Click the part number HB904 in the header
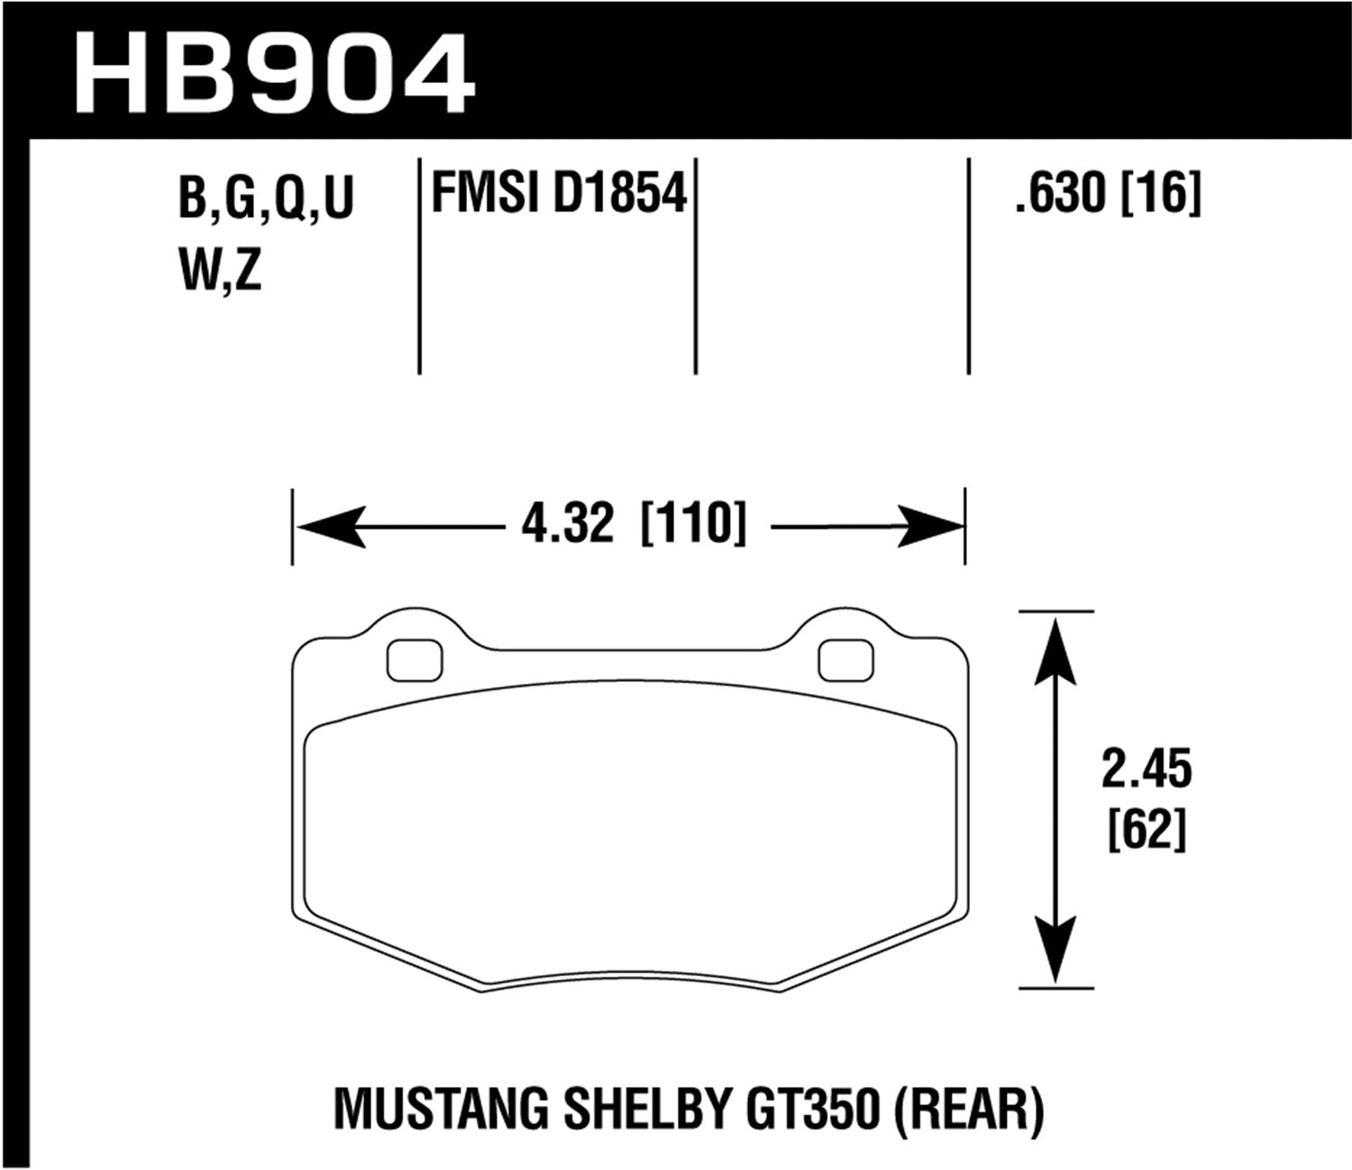[x=275, y=72]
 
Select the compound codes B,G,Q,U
[x=267, y=199]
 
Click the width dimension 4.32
[x=567, y=524]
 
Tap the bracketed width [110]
[x=693, y=524]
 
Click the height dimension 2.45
[x=1146, y=771]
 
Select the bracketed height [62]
[x=1146, y=829]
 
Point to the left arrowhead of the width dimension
[x=330, y=526]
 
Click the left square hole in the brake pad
[x=415, y=661]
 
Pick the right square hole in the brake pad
[x=846, y=661]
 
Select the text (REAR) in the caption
[x=969, y=1110]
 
